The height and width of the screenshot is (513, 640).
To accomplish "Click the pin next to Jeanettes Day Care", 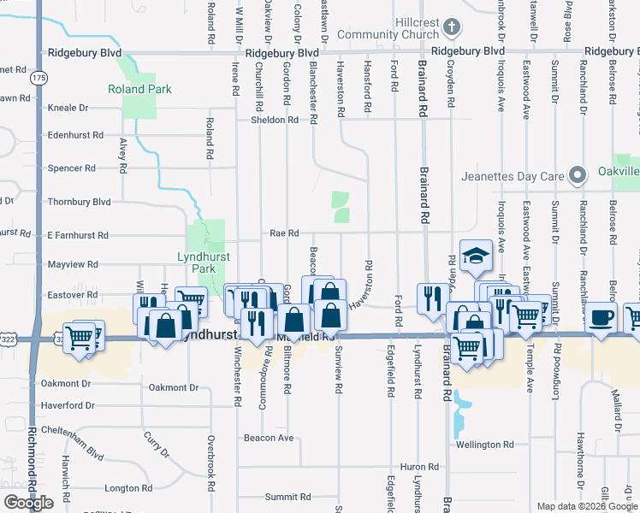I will (x=578, y=177).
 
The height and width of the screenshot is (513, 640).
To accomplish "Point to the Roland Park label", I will (x=139, y=89).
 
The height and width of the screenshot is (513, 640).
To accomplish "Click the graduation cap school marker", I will (x=476, y=256).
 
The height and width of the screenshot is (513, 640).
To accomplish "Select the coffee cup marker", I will (x=601, y=318).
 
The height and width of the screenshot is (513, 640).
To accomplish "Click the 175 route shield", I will (x=38, y=78).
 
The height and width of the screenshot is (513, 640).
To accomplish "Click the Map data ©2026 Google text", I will (x=587, y=506).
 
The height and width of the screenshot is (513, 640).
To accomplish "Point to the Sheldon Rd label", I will (x=274, y=120).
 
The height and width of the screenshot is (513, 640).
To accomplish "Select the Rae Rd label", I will (x=284, y=233).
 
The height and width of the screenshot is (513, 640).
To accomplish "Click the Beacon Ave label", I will (x=269, y=438).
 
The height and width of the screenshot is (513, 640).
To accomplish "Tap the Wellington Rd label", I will (x=484, y=445).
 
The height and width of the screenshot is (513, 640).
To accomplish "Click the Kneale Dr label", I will (x=68, y=108).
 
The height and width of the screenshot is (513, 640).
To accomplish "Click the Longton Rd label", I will (x=128, y=488).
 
